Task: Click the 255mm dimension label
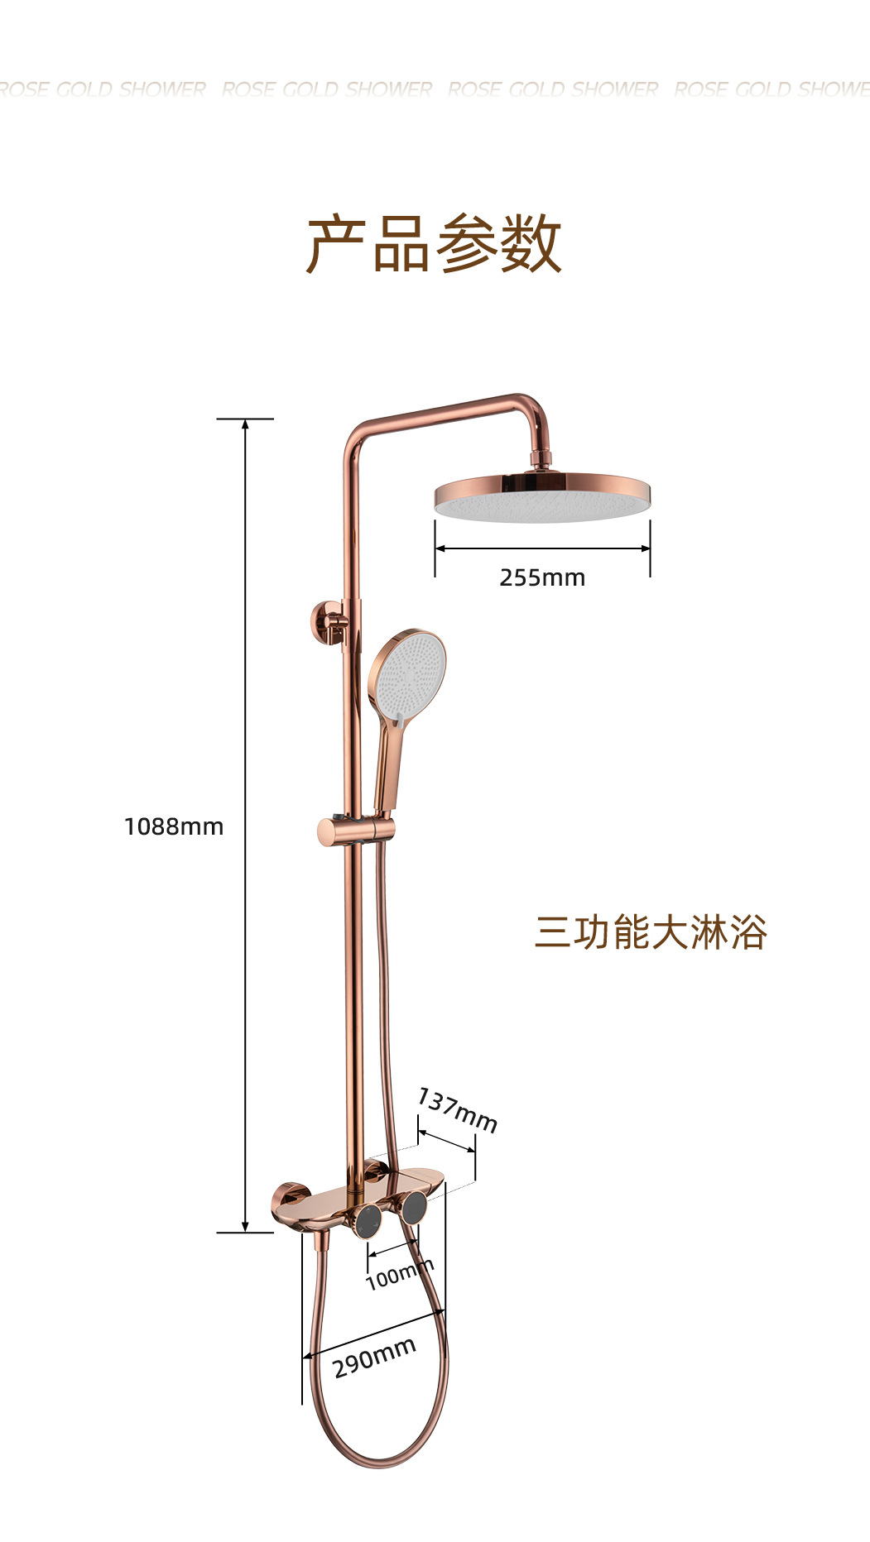pos(542,577)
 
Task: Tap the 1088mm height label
pos(174,826)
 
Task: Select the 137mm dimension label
pos(457,1110)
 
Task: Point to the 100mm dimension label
pos(399,1275)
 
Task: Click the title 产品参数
pos(434,244)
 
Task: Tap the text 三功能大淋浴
pos(651,932)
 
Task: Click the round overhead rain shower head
pos(542,499)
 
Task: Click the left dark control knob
pos(366,1219)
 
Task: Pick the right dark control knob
pos(414,1209)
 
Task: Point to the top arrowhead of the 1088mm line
pos(245,424)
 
